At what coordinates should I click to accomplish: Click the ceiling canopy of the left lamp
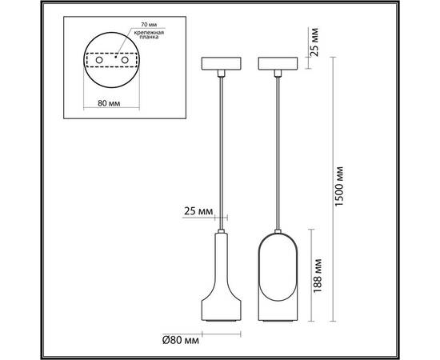click(x=221, y=63)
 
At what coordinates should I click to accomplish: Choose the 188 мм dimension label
click(x=318, y=276)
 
